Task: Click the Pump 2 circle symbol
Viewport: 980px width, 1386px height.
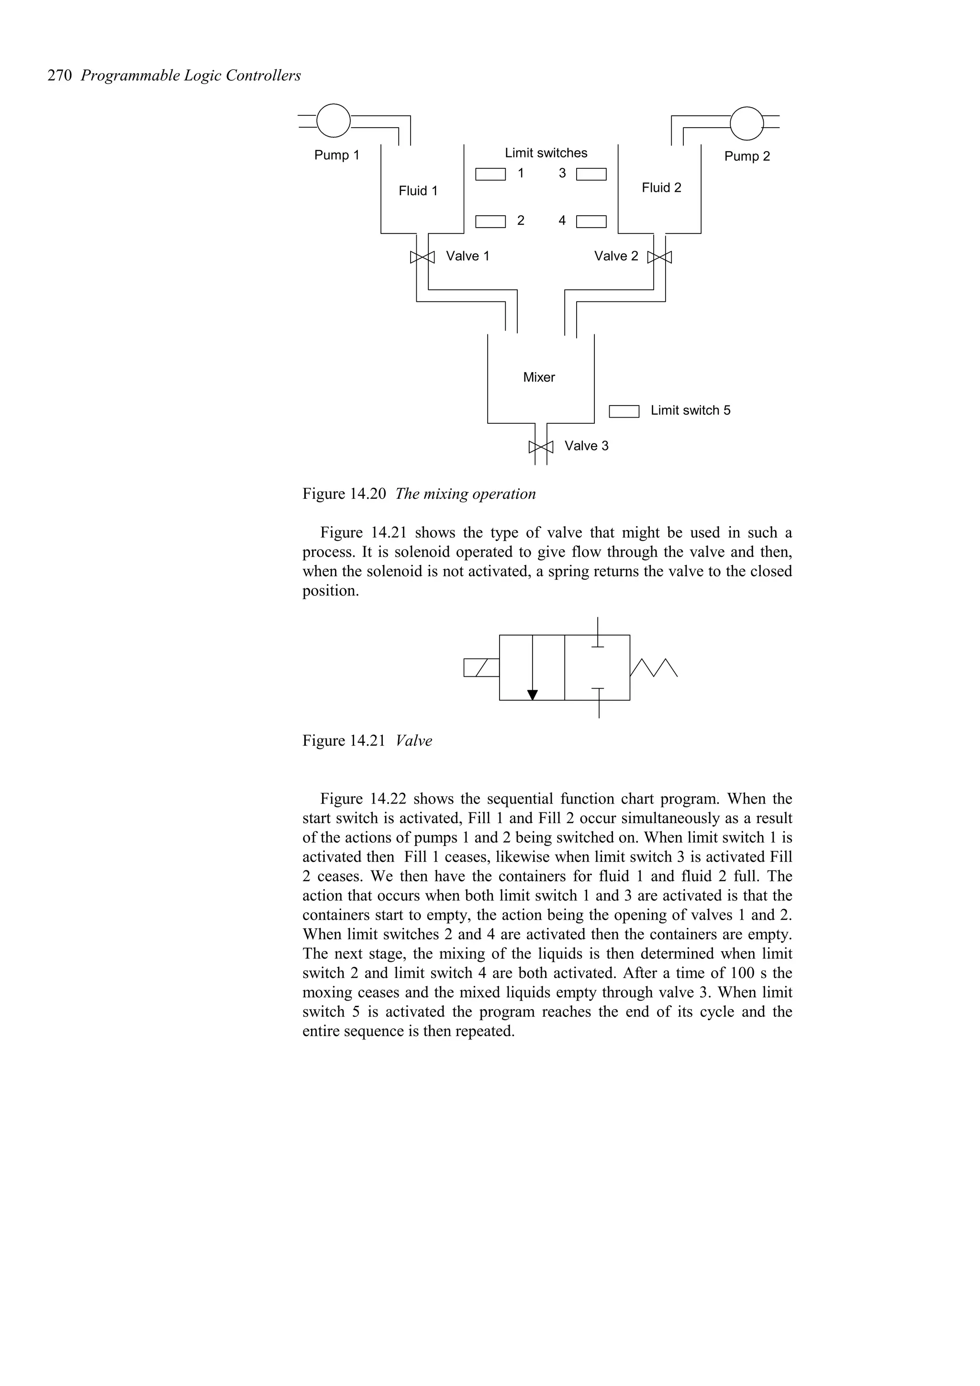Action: pyautogui.click(x=746, y=122)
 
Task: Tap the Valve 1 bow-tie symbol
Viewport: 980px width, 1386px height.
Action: pyautogui.click(x=422, y=257)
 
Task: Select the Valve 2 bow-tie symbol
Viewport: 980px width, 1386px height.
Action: pyautogui.click(x=659, y=258)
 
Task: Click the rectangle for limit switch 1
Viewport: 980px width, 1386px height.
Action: pyautogui.click(x=490, y=175)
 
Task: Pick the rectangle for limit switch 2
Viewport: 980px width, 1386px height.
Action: pyautogui.click(x=490, y=221)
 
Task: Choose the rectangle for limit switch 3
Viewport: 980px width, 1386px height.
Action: pyautogui.click(x=591, y=175)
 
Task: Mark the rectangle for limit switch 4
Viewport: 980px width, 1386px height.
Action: pyautogui.click(x=591, y=221)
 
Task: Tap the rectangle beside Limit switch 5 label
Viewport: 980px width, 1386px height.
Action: pyautogui.click(x=624, y=411)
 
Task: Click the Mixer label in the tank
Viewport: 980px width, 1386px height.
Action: pyautogui.click(x=539, y=377)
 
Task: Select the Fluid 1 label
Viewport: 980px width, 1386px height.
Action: pyautogui.click(x=418, y=191)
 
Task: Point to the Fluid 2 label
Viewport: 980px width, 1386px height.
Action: pyautogui.click(x=661, y=188)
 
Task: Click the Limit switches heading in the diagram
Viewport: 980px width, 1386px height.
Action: pyautogui.click(x=546, y=154)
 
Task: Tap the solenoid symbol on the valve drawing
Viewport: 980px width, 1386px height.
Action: pyautogui.click(x=481, y=668)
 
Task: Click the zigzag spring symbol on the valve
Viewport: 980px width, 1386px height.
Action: pyautogui.click(x=654, y=668)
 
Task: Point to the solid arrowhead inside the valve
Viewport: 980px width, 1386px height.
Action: pyautogui.click(x=532, y=695)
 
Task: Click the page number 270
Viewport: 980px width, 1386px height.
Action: pyautogui.click(x=60, y=76)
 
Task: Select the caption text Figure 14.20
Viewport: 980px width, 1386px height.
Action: pyautogui.click(x=344, y=494)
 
